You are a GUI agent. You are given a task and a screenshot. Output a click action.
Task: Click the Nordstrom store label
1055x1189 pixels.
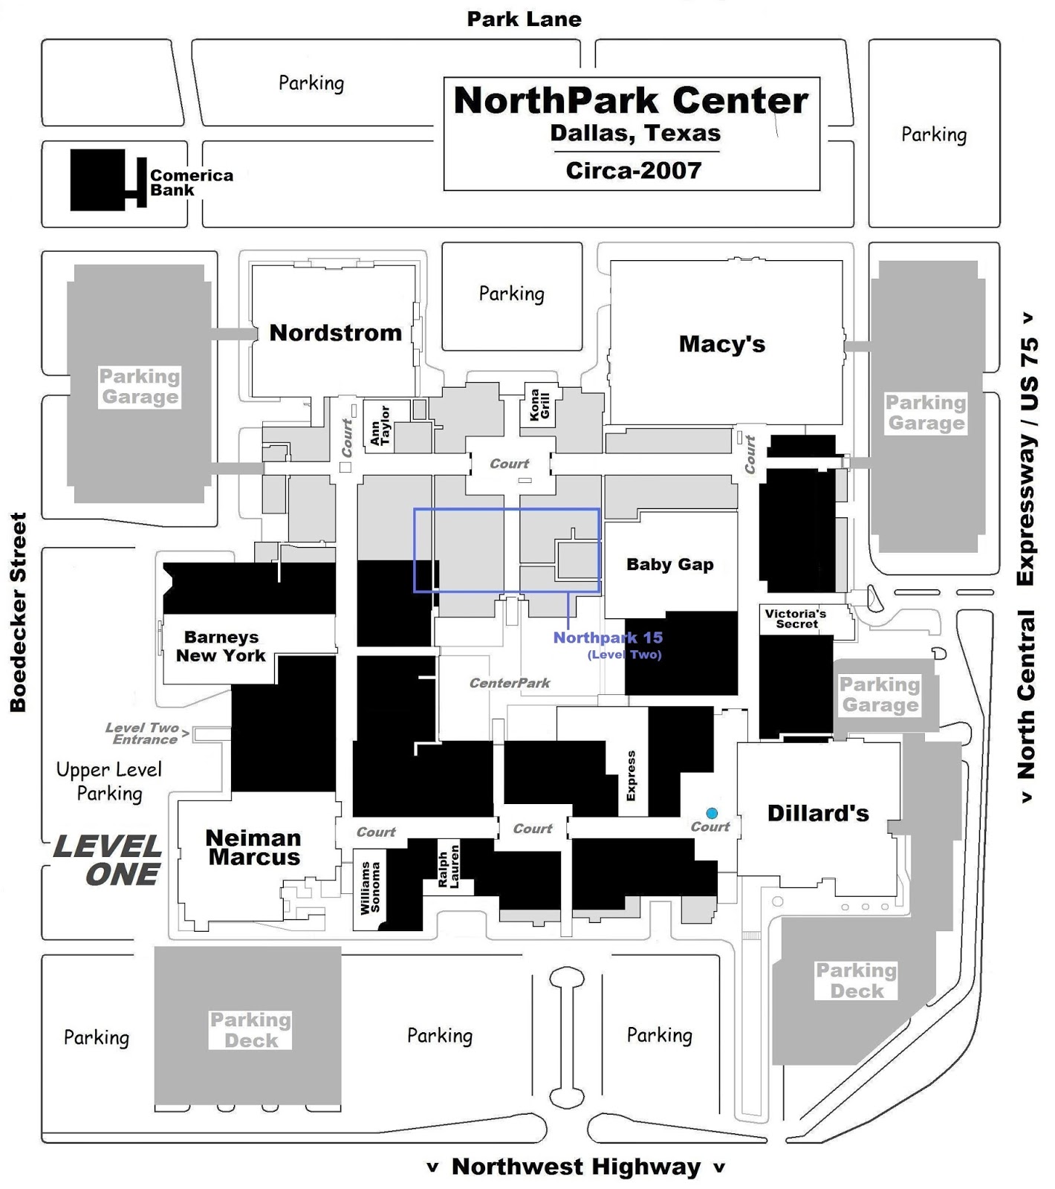pos(335,332)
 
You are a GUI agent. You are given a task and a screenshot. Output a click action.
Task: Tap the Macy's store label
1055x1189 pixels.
pos(721,343)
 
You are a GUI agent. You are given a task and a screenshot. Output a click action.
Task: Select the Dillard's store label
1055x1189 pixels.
pos(817,813)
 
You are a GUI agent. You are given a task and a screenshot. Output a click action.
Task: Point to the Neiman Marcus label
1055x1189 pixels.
pos(253,847)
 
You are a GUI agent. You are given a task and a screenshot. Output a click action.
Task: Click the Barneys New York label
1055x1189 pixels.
pos(221,646)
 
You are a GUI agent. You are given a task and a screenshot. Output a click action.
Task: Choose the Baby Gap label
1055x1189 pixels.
pos(669,564)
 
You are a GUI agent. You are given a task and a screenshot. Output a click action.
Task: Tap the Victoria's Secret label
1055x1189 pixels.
pos(796,618)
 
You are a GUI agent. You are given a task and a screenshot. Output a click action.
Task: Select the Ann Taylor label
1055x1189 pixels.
pos(380,426)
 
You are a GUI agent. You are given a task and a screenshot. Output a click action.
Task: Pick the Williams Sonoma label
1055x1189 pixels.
pos(369,888)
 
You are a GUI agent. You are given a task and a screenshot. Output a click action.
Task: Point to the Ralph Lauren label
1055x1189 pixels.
pos(448,866)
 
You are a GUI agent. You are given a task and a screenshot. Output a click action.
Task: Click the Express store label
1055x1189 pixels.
pos(631,776)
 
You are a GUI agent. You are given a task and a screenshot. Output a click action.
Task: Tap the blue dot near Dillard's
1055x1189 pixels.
pos(712,813)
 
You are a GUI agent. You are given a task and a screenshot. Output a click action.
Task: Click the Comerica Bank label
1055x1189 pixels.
pos(191,182)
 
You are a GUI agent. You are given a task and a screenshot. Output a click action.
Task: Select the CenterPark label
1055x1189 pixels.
pos(510,683)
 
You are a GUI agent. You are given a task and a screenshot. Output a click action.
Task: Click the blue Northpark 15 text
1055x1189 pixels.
pos(608,638)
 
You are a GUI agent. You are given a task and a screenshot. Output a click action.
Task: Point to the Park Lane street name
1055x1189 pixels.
pos(524,19)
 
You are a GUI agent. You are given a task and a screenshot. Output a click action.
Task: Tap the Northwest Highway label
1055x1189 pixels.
pos(576,1167)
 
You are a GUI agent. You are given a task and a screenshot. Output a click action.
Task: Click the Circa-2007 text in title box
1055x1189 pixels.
pos(633,170)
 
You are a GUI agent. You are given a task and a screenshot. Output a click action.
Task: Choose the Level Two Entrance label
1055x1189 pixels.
pos(142,733)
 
